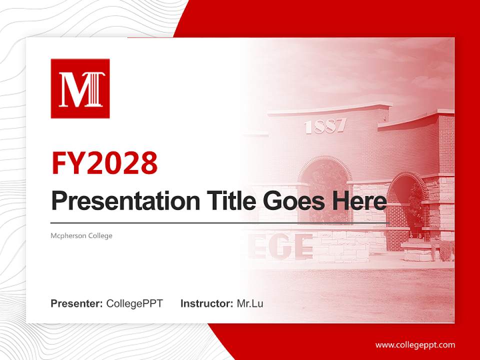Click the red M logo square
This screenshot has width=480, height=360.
click(x=80, y=88)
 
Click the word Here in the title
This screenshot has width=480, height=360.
click(x=359, y=200)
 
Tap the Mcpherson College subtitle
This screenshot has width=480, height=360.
click(x=81, y=235)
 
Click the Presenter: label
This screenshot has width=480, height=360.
click(x=77, y=303)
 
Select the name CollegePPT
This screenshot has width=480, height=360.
click(x=134, y=303)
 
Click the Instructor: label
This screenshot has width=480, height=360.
click(x=206, y=303)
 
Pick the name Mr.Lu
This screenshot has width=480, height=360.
click(x=250, y=303)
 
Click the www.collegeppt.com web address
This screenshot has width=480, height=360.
click(x=415, y=344)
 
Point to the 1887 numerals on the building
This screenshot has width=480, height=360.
click(x=324, y=126)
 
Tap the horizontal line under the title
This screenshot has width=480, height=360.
click(x=220, y=222)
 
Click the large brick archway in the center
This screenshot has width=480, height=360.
click(x=325, y=175)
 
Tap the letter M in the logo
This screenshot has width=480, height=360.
click(x=72, y=89)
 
